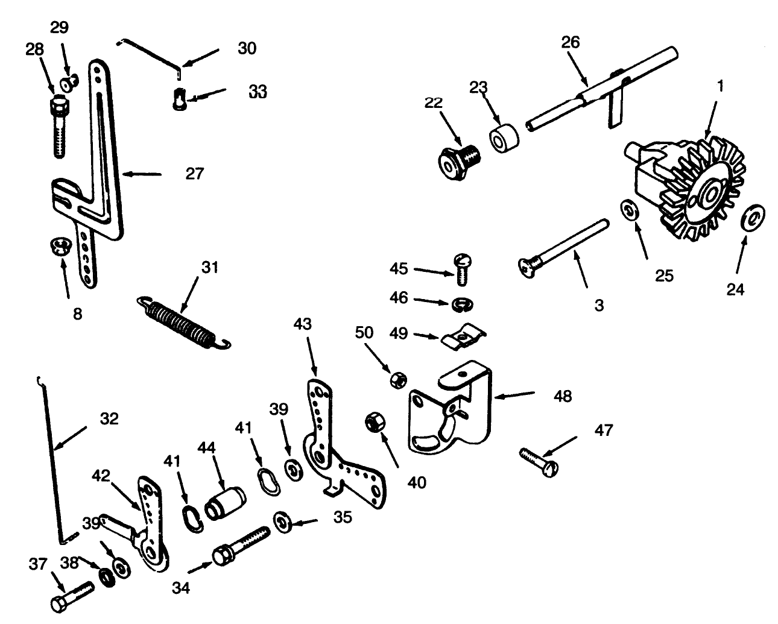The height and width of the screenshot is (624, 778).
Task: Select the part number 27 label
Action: pyautogui.click(x=195, y=174)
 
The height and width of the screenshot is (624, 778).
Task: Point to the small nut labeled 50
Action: pyautogui.click(x=398, y=379)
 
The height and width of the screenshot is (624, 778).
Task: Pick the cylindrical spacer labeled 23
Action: pyautogui.click(x=504, y=140)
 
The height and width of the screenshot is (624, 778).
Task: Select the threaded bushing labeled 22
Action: pyautogui.click(x=457, y=160)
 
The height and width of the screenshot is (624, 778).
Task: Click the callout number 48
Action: pyautogui.click(x=562, y=396)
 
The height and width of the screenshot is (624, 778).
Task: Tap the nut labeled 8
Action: pyautogui.click(x=59, y=247)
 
